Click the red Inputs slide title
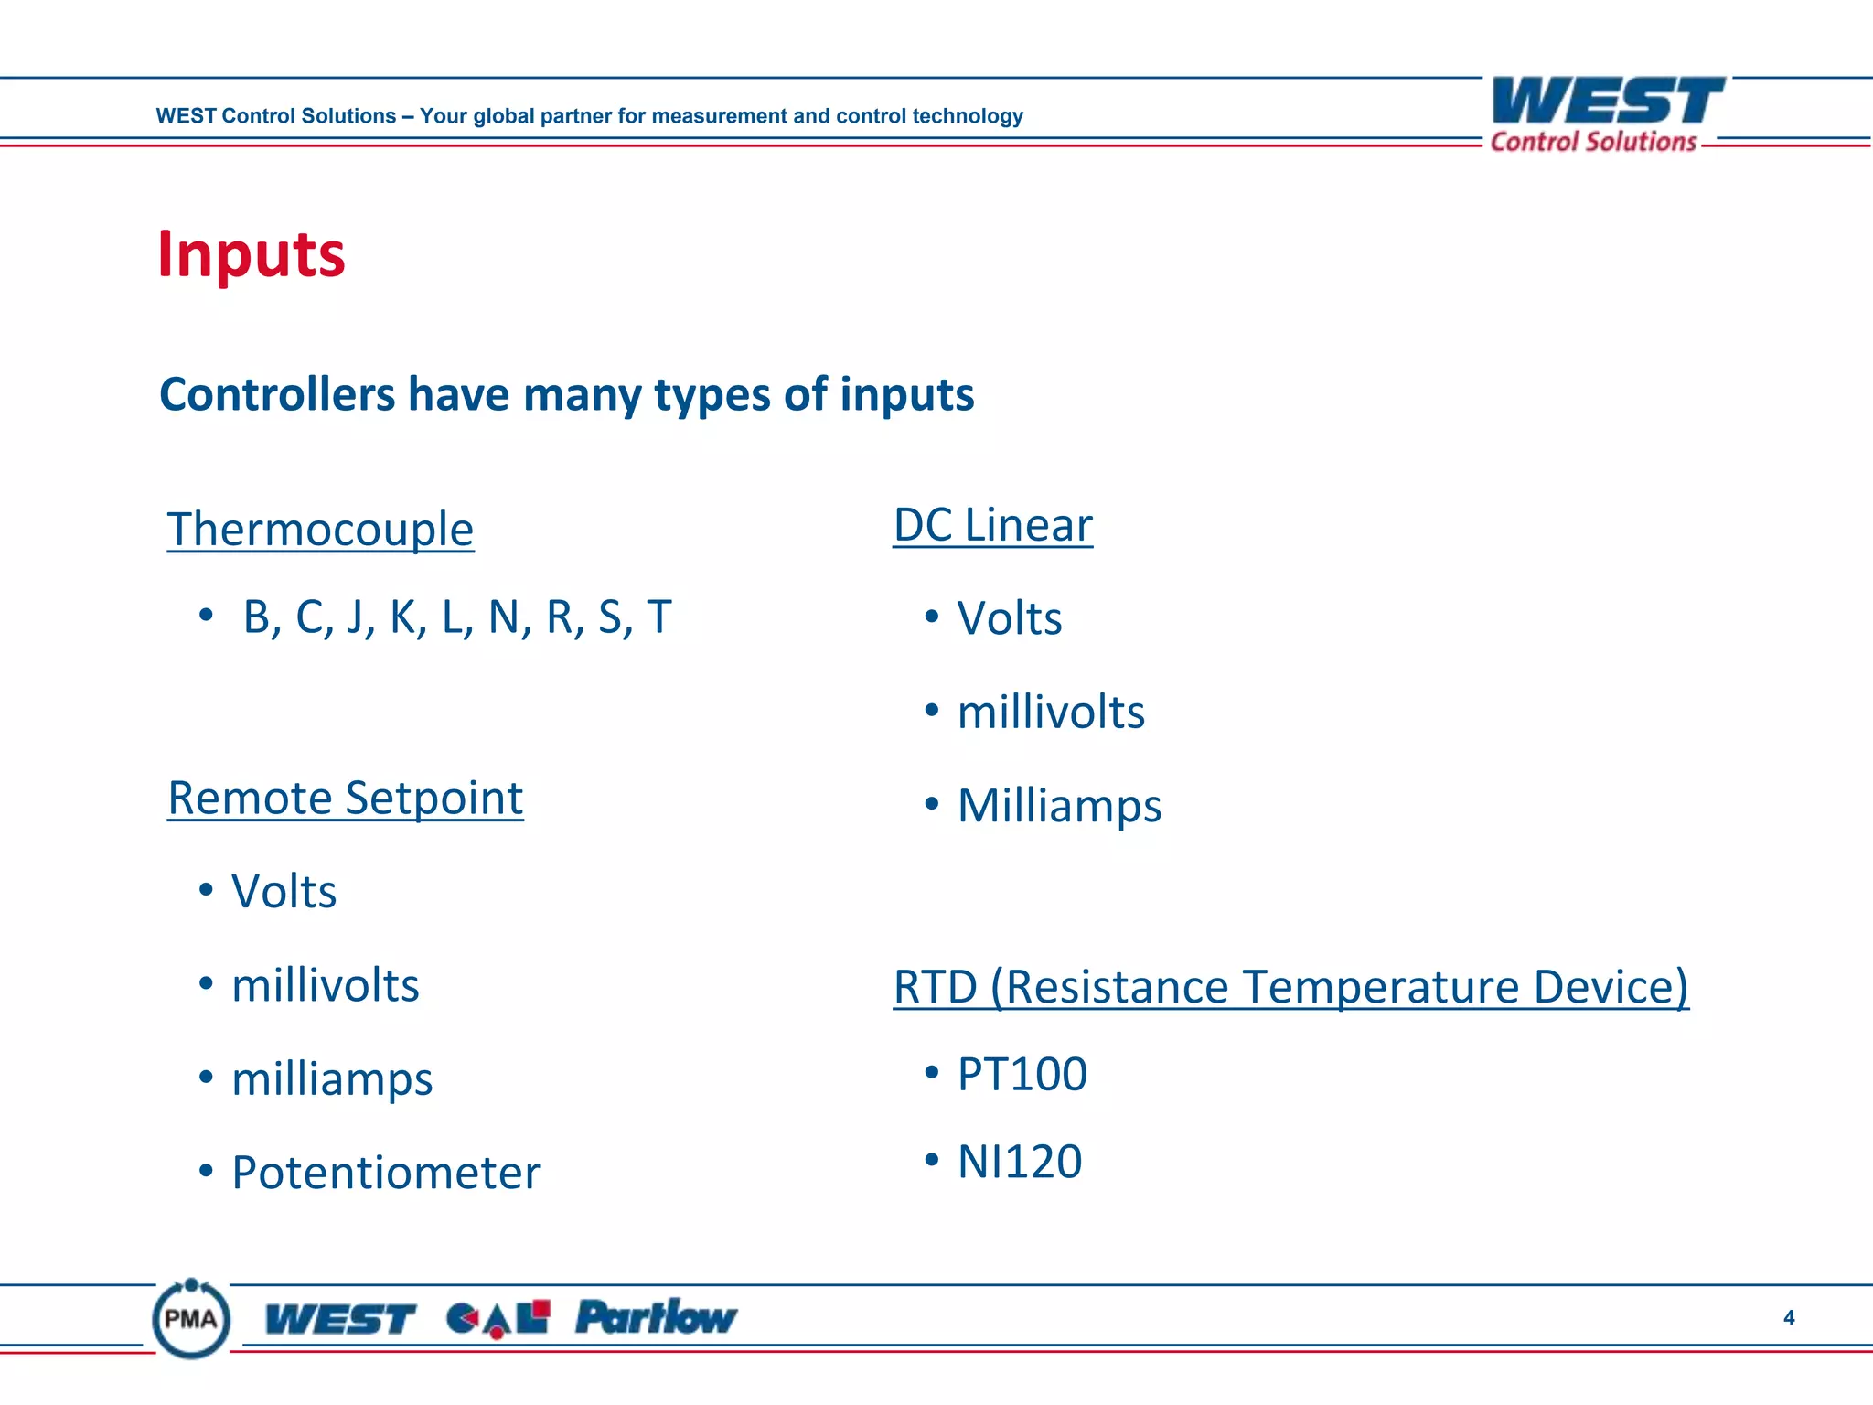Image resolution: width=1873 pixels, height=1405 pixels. [252, 254]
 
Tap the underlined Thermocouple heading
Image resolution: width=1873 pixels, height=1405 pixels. [320, 530]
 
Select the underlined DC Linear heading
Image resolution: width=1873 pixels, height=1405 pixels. [992, 525]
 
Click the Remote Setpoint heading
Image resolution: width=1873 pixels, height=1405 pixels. [345, 798]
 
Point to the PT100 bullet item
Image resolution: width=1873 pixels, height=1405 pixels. [1022, 1074]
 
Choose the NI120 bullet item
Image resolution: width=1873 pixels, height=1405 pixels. [1019, 1162]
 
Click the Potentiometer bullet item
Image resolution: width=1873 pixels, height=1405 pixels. [385, 1173]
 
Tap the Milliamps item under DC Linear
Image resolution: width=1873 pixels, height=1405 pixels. [1059, 806]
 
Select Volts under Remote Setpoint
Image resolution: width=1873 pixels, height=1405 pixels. [284, 892]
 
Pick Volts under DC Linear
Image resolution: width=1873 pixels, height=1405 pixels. [1009, 619]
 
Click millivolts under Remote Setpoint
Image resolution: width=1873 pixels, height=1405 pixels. [325, 986]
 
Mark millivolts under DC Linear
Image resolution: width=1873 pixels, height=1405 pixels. [1051, 713]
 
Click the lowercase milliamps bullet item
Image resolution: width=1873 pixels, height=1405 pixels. [331, 1079]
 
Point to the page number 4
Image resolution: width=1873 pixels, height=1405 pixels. [1789, 1318]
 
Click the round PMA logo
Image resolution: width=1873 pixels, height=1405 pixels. [191, 1318]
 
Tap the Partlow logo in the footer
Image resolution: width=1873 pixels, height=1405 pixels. [656, 1317]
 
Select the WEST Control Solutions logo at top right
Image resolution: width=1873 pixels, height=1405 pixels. [1606, 114]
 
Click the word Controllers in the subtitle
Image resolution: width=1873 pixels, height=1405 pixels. [277, 395]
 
